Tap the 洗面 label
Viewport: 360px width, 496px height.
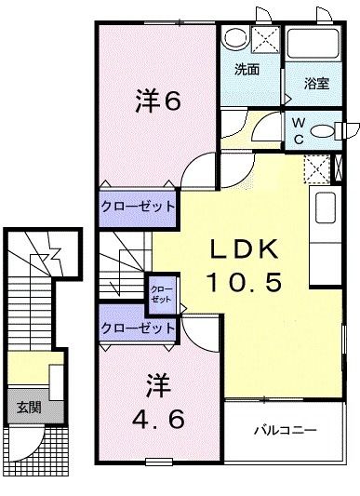coord(247,69)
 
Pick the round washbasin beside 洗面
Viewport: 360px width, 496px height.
coord(234,40)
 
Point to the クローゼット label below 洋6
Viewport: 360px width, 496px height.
coord(138,205)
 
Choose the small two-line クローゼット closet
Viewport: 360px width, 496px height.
coord(161,294)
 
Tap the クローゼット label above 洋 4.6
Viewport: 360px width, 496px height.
coord(138,328)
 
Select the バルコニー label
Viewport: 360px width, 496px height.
coord(286,432)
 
